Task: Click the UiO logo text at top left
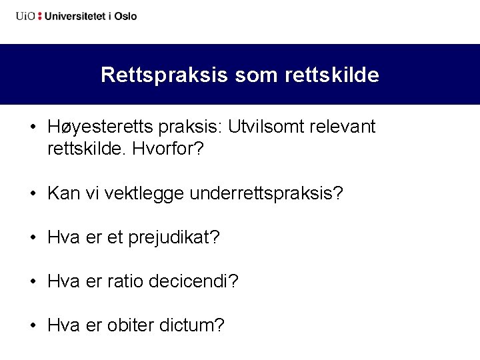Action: (x=25, y=16)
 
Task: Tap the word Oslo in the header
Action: (x=125, y=16)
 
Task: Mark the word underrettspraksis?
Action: (x=267, y=193)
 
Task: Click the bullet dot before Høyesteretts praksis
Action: (x=33, y=127)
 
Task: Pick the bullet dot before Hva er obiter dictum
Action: (x=33, y=326)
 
